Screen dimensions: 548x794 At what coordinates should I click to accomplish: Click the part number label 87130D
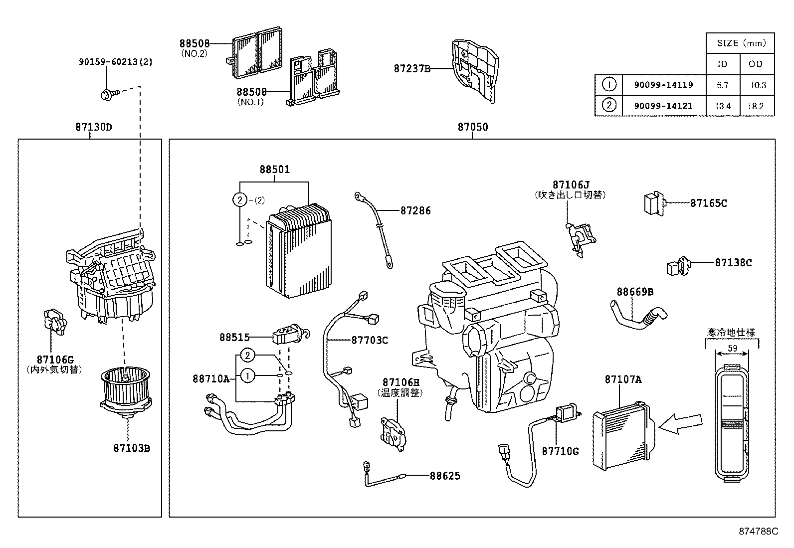pyautogui.click(x=94, y=127)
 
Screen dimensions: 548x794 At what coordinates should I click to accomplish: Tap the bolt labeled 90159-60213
pyautogui.click(x=109, y=93)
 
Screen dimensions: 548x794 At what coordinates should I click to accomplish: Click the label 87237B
pyautogui.click(x=411, y=69)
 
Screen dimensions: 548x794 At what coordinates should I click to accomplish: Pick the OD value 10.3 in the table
pyautogui.click(x=757, y=85)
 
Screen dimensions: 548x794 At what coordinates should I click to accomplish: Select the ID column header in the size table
pyautogui.click(x=722, y=64)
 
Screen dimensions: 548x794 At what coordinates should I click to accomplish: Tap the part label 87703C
pyautogui.click(x=370, y=340)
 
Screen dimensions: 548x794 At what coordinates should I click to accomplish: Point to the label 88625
pyautogui.click(x=445, y=476)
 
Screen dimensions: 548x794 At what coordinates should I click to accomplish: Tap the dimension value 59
pyautogui.click(x=732, y=349)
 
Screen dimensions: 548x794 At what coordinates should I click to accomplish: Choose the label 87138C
pyautogui.click(x=733, y=262)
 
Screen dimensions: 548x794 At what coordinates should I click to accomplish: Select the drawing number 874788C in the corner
pyautogui.click(x=758, y=532)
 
